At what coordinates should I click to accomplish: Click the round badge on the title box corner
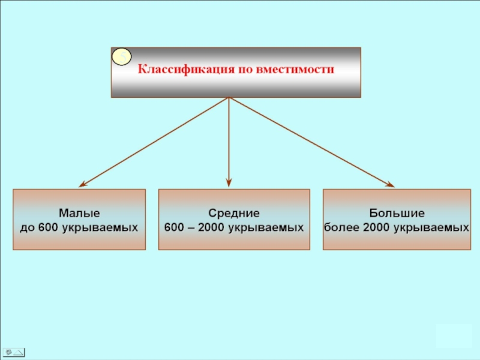122,57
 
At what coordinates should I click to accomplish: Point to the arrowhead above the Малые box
83,184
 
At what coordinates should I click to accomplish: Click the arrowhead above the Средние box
229,182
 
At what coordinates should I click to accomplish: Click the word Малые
79,214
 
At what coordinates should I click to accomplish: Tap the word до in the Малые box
28,228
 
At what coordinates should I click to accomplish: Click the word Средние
234,214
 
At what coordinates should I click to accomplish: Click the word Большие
397,214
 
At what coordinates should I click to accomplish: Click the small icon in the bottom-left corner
13,352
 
